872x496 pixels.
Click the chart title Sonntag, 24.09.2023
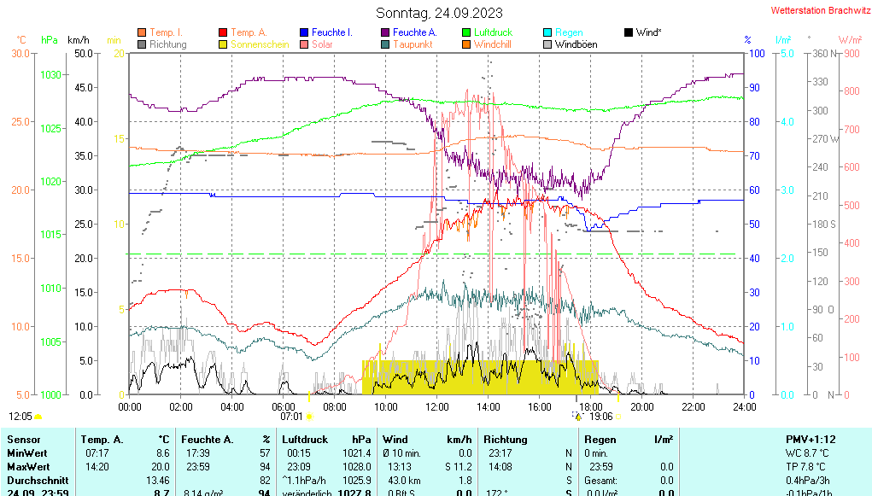(x=439, y=13)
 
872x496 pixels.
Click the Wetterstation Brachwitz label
(x=819, y=10)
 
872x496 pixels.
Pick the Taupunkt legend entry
(x=413, y=44)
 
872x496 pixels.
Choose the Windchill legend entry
(x=492, y=44)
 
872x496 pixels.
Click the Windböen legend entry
(x=576, y=44)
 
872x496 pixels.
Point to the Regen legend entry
(x=569, y=32)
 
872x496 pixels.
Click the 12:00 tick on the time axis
(x=436, y=406)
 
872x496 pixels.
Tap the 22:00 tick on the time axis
(x=693, y=406)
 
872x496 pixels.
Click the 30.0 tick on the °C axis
(x=20, y=54)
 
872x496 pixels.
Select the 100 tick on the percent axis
(x=756, y=54)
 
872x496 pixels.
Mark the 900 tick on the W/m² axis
(x=851, y=54)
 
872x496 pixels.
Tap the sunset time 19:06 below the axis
(x=601, y=417)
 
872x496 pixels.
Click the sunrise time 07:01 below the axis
(x=292, y=417)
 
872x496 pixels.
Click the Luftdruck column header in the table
(x=305, y=439)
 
